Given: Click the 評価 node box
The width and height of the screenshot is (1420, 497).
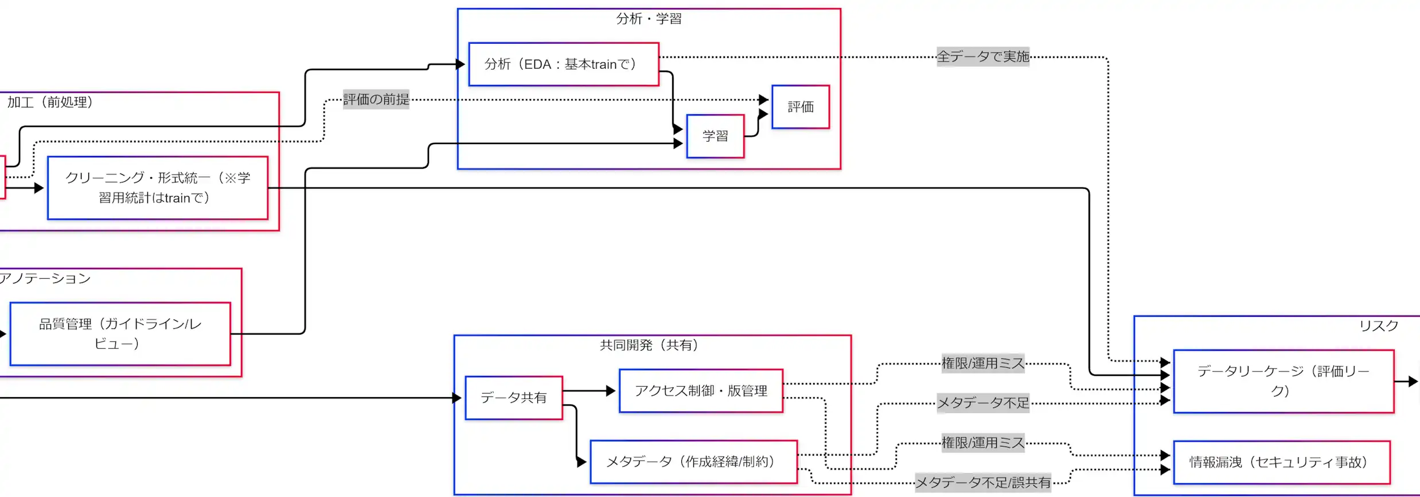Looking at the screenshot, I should (800, 107).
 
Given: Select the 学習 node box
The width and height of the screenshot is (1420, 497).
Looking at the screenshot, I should (715, 136).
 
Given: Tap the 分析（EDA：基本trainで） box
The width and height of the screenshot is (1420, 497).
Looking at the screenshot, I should (563, 64).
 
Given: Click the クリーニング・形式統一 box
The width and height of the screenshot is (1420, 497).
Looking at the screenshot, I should (158, 188).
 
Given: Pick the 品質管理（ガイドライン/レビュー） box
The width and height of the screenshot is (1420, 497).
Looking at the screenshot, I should (120, 333).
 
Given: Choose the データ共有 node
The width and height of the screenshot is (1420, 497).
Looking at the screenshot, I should (514, 398).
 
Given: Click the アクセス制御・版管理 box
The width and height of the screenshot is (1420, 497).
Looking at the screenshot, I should (701, 391).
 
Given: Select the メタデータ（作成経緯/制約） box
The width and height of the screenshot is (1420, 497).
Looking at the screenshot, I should (693, 462).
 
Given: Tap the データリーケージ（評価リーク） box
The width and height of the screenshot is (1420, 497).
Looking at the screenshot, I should (1284, 381).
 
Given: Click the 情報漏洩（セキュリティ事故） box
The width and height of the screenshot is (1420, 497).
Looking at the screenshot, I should (1281, 463).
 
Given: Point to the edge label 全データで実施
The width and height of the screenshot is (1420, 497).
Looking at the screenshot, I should (983, 57).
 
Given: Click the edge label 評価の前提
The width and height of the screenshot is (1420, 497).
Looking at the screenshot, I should (376, 99).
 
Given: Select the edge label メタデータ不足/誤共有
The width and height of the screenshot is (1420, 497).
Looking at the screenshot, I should (983, 483).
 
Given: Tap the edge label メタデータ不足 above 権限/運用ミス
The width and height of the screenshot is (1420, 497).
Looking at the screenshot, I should (983, 403).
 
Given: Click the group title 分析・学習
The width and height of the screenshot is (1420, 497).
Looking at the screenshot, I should (649, 19).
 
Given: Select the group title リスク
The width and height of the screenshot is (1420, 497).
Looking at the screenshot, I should (1379, 326).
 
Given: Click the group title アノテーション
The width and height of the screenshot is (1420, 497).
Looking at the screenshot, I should (45, 278).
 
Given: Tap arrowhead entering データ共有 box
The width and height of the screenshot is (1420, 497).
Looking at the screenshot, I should (457, 398).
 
